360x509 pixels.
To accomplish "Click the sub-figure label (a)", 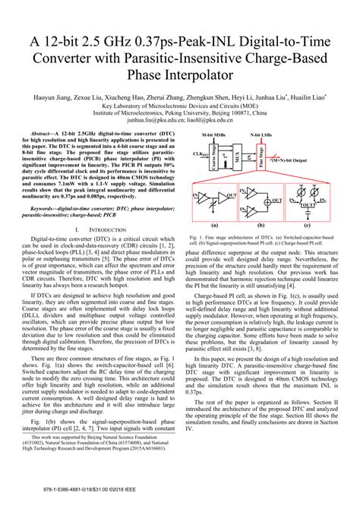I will click(x=215, y=226).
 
